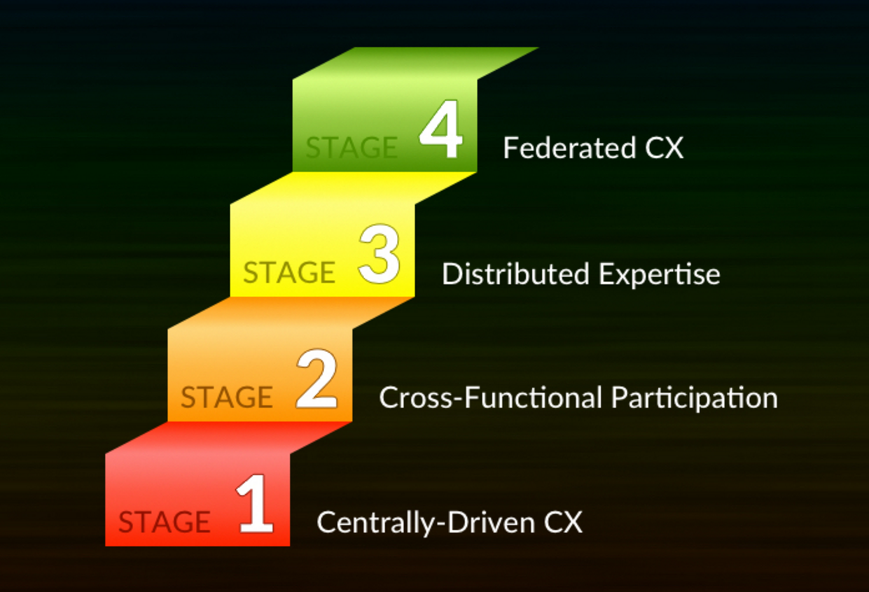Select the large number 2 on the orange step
click(317, 381)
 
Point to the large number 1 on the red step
click(254, 505)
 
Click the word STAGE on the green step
click(352, 148)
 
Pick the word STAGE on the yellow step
click(288, 272)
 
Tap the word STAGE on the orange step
click(226, 397)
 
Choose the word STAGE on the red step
click(164, 522)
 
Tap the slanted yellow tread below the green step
click(354, 188)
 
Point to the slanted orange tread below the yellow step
click(291, 312)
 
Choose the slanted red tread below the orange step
click(228, 437)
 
